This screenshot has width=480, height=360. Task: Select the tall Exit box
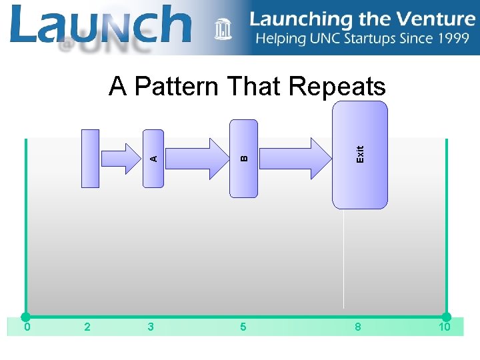tap(360, 155)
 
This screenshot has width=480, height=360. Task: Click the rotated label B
tap(244, 159)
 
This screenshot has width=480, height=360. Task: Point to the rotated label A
tap(153, 159)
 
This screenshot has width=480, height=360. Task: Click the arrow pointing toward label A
tap(123, 158)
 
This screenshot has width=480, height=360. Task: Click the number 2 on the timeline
tap(88, 327)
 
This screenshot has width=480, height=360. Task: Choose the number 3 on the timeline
tap(151, 327)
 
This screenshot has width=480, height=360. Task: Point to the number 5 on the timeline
tap(243, 327)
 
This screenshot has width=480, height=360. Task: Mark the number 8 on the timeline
tap(358, 327)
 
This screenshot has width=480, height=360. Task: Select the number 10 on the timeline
tap(444, 327)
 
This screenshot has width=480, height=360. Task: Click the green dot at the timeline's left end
tap(25, 317)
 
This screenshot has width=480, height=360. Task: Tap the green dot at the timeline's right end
tap(446, 317)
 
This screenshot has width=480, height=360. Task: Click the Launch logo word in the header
tap(100, 25)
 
